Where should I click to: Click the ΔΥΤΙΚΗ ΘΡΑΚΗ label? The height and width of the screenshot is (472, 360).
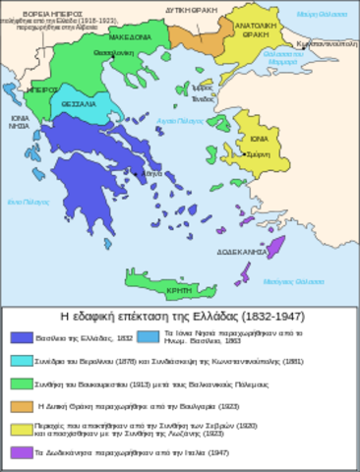point(193,10)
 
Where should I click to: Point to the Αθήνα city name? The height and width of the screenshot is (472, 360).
point(151,173)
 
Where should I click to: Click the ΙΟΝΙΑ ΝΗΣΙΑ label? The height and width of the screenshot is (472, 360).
point(19,122)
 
